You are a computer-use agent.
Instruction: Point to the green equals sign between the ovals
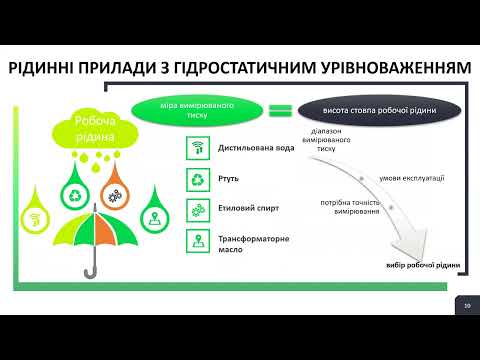[281, 110]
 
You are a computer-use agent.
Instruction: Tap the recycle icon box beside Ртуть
[197, 180]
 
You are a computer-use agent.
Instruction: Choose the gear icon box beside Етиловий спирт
[197, 210]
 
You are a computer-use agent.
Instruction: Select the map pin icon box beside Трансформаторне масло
[197, 241]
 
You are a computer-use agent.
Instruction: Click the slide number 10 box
[466, 305]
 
